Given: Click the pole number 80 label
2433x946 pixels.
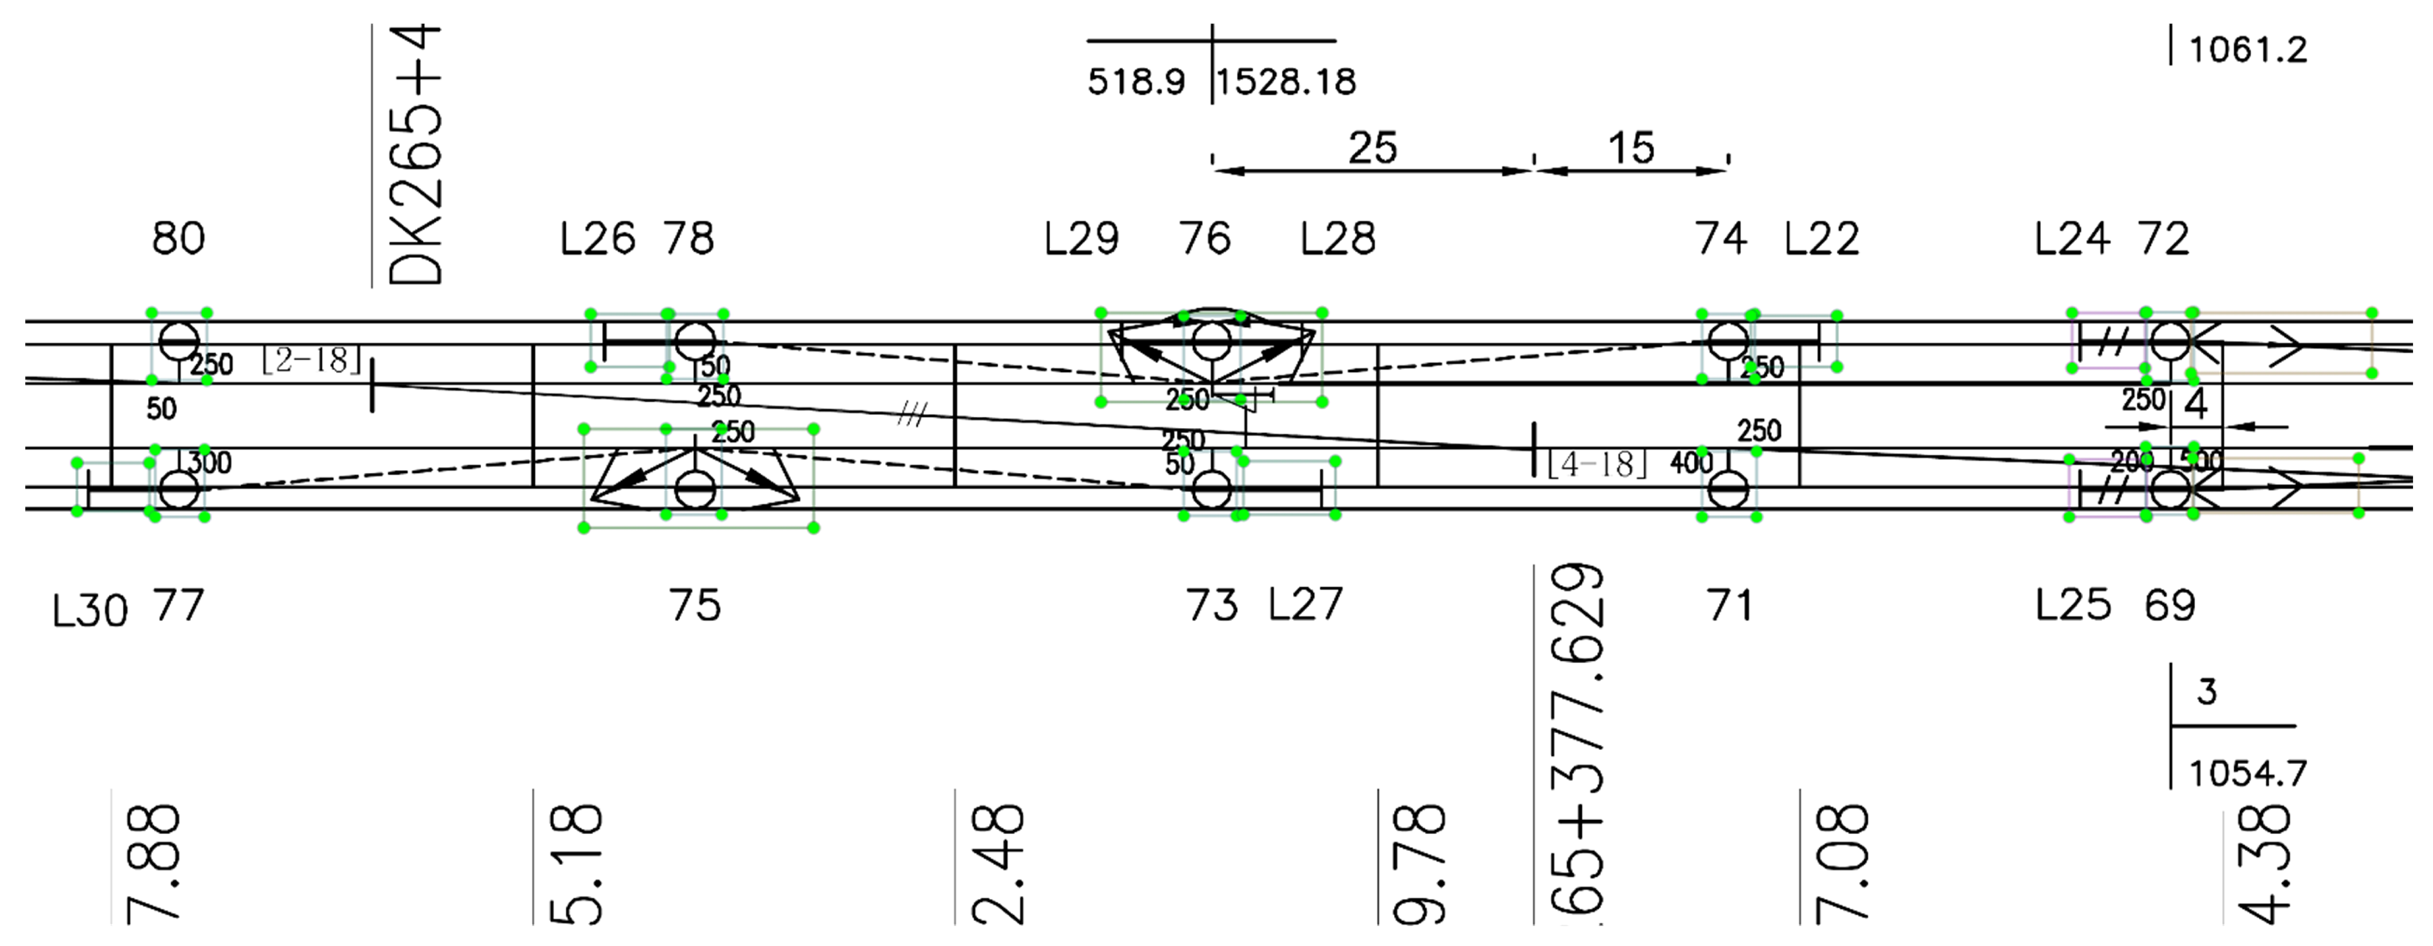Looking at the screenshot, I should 178,238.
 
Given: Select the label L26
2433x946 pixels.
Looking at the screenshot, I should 597,239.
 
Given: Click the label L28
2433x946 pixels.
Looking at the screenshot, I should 1337,239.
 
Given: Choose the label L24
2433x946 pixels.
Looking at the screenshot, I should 2071,239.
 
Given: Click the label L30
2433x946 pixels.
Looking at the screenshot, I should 90,611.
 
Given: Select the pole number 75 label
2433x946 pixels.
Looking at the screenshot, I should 695,605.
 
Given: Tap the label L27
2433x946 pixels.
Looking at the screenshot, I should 1304,605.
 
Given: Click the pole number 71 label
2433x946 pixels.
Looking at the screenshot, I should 1729,605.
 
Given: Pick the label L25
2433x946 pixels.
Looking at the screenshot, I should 2072,605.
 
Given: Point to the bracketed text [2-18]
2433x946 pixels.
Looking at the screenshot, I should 311,360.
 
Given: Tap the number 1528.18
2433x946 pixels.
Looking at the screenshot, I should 1286,82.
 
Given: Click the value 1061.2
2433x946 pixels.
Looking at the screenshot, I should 2247,50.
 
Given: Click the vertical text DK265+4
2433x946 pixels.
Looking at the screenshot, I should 416,155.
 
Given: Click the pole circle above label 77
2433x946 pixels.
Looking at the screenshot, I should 178,490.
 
